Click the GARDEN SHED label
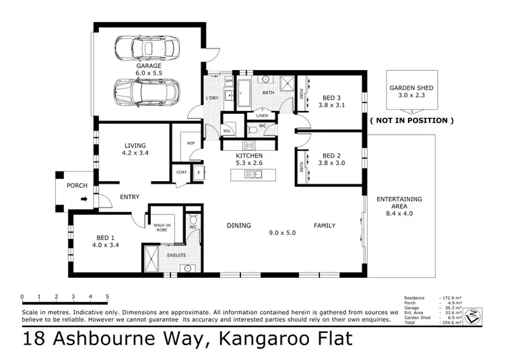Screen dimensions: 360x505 (x=411, y=88)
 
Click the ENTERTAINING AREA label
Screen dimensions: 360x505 (x=399, y=199)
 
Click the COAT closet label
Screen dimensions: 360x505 (x=181, y=172)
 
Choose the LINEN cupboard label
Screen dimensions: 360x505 (x=262, y=115)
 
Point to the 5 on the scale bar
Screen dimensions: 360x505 (x=108, y=296)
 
